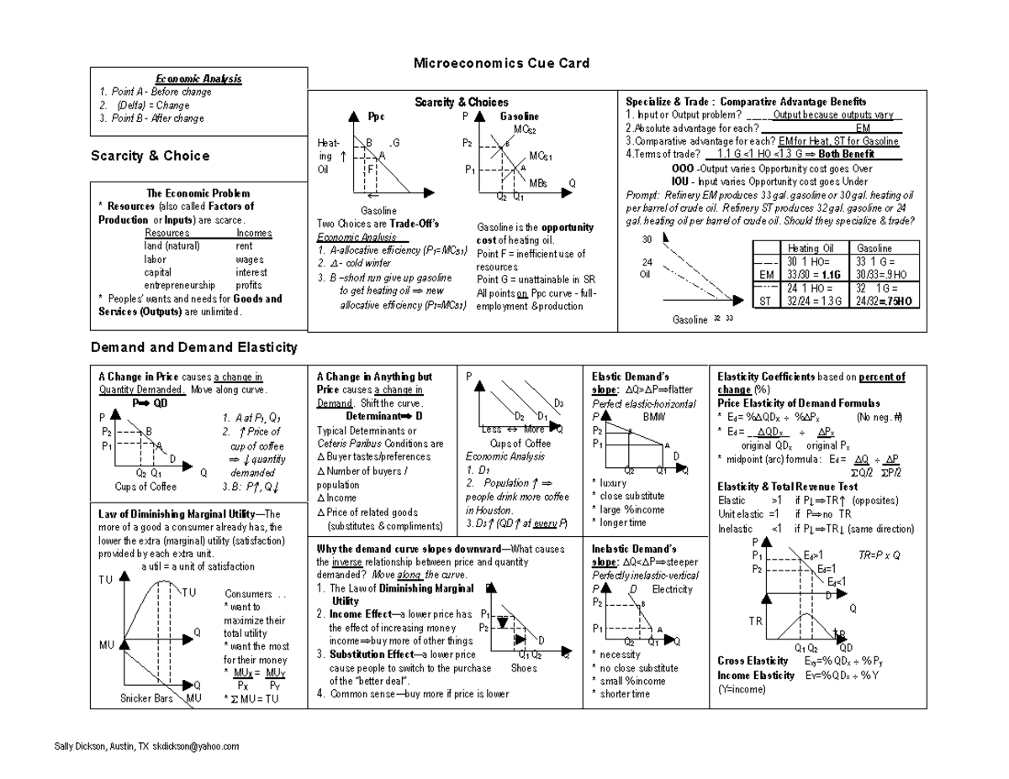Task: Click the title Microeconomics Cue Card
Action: coord(501,64)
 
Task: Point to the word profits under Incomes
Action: coord(249,286)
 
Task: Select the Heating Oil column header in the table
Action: coord(810,249)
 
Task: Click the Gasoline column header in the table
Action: coord(875,249)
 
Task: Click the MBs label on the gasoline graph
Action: coord(538,182)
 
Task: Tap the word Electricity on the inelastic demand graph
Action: coord(672,589)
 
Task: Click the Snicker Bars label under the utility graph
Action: coord(147,698)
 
